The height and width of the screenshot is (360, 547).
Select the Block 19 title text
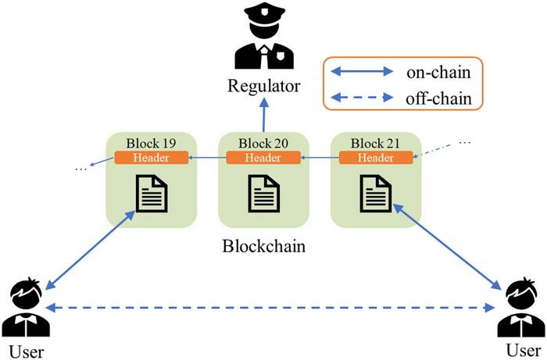[151, 143]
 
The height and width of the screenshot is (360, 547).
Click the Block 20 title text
[263, 143]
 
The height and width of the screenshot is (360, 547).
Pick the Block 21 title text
[376, 143]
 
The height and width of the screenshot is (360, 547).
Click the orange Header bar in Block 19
[151, 158]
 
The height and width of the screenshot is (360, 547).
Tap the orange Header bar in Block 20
[263, 158]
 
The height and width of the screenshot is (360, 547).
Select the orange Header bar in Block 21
[376, 158]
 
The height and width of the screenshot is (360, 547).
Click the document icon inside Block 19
[151, 194]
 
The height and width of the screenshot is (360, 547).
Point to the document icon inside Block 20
[263, 194]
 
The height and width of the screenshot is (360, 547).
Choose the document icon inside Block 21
[376, 194]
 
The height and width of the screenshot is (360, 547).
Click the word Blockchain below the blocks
[263, 247]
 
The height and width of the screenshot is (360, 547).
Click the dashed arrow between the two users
[273, 308]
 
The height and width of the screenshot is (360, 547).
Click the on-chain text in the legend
[438, 72]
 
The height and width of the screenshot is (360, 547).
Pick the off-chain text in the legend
[438, 98]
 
